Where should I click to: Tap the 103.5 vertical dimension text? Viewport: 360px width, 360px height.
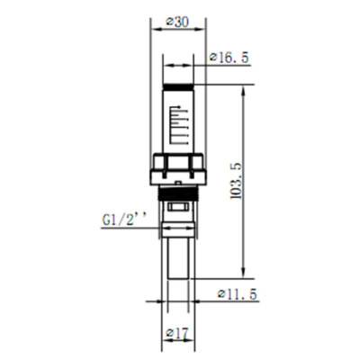235,180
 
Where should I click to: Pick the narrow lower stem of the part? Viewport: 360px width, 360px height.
178,261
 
